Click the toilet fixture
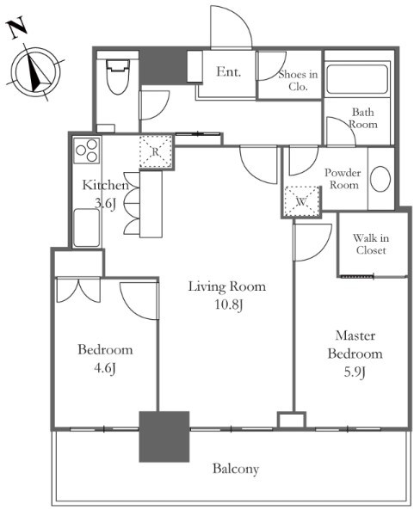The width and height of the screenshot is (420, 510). coord(118,77)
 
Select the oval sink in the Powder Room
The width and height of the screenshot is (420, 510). coord(380,179)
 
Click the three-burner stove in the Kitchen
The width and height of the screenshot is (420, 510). coord(87,151)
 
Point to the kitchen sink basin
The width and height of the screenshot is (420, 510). coord(86,228)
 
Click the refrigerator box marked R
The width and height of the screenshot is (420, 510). coord(156,151)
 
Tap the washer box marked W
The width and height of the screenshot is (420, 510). coord(302,201)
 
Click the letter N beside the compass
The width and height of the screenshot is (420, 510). coord(17,28)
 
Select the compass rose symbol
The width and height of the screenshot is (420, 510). coord(36,71)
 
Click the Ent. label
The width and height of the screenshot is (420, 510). coord(229,71)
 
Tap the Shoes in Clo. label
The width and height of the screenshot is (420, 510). coord(298,80)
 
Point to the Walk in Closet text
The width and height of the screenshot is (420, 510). coord(371,244)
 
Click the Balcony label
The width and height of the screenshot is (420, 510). coord(236,469)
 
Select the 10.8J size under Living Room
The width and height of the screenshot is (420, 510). coord(229,304)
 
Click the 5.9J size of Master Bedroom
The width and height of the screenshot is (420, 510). coord(355,372)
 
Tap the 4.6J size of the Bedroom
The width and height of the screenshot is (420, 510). coord(105,368)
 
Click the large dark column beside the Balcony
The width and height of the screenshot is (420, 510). coord(164,437)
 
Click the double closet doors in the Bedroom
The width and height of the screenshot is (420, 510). coord(78,290)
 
